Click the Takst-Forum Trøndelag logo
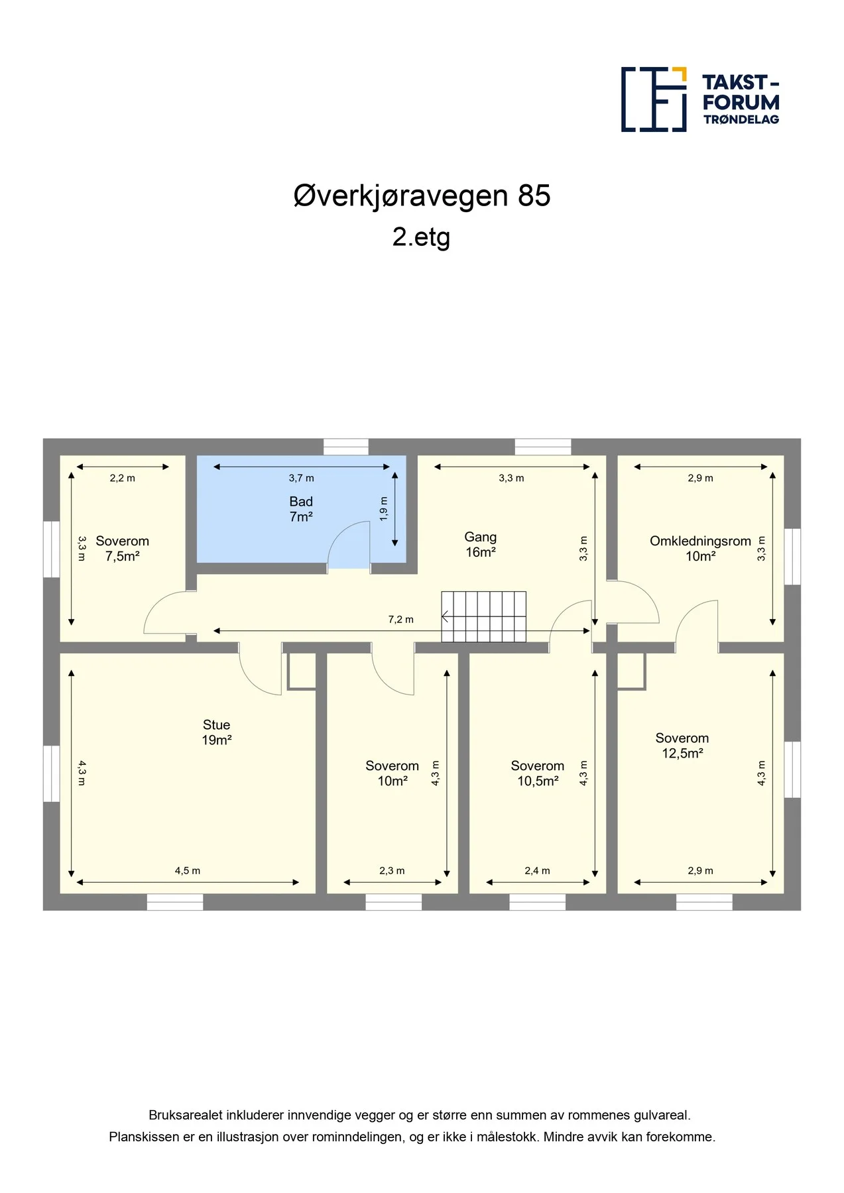(700, 99)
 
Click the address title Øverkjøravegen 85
(422, 196)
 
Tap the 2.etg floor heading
(421, 237)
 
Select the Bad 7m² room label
(301, 509)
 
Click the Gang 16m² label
(481, 544)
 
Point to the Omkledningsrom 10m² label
(700, 549)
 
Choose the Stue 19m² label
(217, 732)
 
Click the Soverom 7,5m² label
(123, 549)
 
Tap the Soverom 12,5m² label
(682, 746)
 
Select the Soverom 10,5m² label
(538, 773)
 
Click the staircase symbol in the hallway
(484, 616)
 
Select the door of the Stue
(260, 668)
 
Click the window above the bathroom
(346, 447)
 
